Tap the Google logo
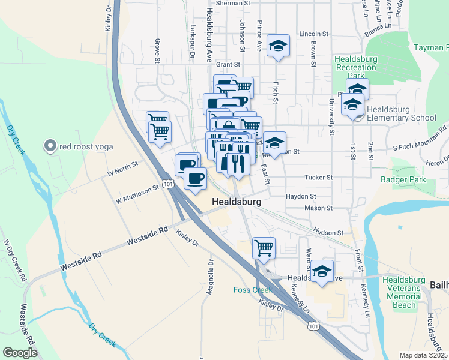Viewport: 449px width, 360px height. pos(20,353)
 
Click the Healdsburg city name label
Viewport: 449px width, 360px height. pos(237,203)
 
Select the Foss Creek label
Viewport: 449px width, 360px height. pos(253,290)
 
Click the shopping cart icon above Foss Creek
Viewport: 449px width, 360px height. pos(264,246)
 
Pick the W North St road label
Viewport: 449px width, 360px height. pos(122,168)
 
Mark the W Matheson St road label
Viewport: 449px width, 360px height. pos(137,193)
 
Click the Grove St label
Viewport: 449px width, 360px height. pos(157,51)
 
